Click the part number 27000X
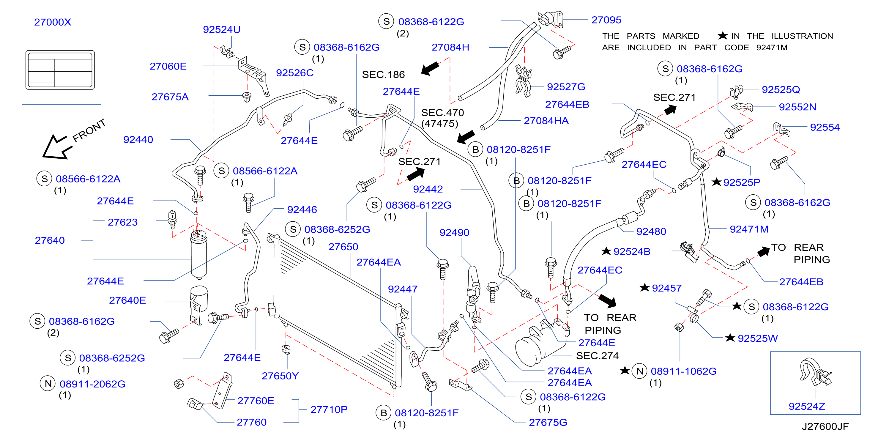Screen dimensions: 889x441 click(x=53, y=22)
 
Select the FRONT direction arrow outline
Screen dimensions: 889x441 click(x=56, y=147)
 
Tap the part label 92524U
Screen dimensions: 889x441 click(x=222, y=30)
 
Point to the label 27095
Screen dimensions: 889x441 click(x=606, y=20)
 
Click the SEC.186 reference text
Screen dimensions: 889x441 click(x=383, y=75)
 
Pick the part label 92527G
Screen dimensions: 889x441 click(x=566, y=86)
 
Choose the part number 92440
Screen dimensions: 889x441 click(x=138, y=140)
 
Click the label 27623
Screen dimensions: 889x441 click(x=122, y=222)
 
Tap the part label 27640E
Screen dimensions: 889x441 click(x=127, y=300)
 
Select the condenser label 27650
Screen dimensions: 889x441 click(x=343, y=247)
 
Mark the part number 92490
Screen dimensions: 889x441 click(x=454, y=233)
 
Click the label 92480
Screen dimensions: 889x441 click(x=651, y=231)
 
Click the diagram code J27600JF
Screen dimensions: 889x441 click(x=825, y=427)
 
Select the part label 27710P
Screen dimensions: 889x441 click(x=329, y=409)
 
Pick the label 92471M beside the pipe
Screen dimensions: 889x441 click(x=749, y=229)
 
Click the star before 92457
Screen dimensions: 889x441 click(x=644, y=287)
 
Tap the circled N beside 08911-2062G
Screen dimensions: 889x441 click(x=48, y=384)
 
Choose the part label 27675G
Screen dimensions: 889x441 click(x=548, y=422)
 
